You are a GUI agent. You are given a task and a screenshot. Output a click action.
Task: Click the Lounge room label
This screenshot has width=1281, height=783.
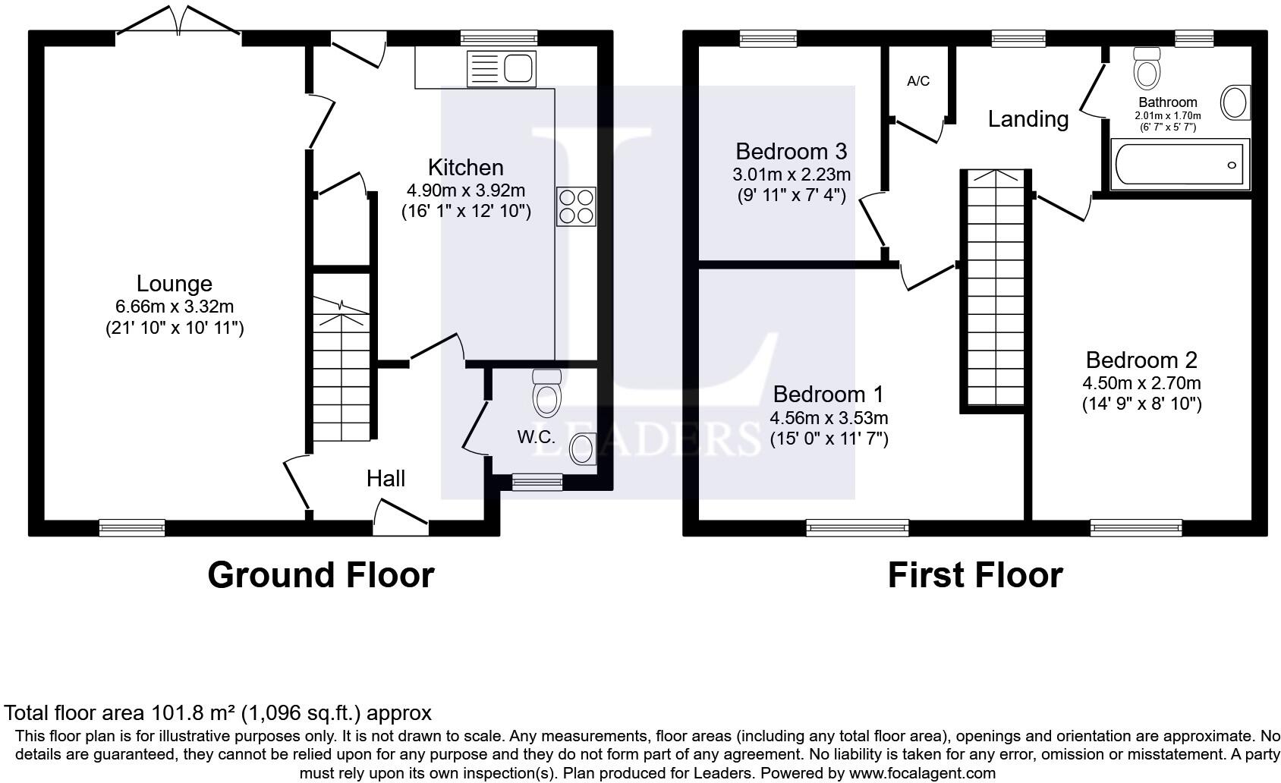tap(175, 284)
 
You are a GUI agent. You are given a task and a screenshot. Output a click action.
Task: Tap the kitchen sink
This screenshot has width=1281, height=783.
tap(502, 68)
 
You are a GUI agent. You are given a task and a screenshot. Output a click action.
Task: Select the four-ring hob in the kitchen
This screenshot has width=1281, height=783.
tap(577, 206)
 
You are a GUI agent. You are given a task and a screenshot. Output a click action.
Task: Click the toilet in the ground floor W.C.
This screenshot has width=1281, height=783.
tap(546, 393)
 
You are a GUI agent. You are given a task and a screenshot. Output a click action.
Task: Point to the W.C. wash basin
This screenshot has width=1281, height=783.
tap(583, 449)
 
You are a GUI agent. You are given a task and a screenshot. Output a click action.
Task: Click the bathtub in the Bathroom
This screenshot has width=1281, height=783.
tap(1180, 164)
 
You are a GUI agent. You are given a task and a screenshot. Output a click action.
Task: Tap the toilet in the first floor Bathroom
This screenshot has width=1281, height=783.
tap(1147, 68)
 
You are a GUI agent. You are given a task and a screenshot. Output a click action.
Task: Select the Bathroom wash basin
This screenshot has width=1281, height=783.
tap(1235, 103)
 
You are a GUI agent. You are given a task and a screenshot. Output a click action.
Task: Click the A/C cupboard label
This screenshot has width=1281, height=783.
tap(918, 81)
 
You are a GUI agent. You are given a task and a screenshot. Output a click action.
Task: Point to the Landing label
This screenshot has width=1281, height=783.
tap(1028, 119)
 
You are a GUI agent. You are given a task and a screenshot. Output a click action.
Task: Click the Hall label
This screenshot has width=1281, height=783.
tap(386, 479)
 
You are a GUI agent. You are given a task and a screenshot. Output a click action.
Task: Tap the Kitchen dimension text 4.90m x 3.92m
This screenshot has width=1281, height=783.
tap(466, 190)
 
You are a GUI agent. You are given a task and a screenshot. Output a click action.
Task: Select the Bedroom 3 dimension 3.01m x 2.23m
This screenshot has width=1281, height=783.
tap(792, 174)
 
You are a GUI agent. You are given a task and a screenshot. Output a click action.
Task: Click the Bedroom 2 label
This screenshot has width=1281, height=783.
tap(1141, 360)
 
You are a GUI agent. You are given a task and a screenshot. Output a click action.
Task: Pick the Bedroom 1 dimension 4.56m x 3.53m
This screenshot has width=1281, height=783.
tap(829, 417)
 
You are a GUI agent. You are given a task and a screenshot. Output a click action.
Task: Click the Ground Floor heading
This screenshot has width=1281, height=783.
tap(321, 575)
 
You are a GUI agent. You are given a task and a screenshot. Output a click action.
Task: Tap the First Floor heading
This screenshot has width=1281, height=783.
tap(975, 575)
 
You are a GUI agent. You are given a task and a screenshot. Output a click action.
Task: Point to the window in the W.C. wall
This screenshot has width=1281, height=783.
tap(537, 482)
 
